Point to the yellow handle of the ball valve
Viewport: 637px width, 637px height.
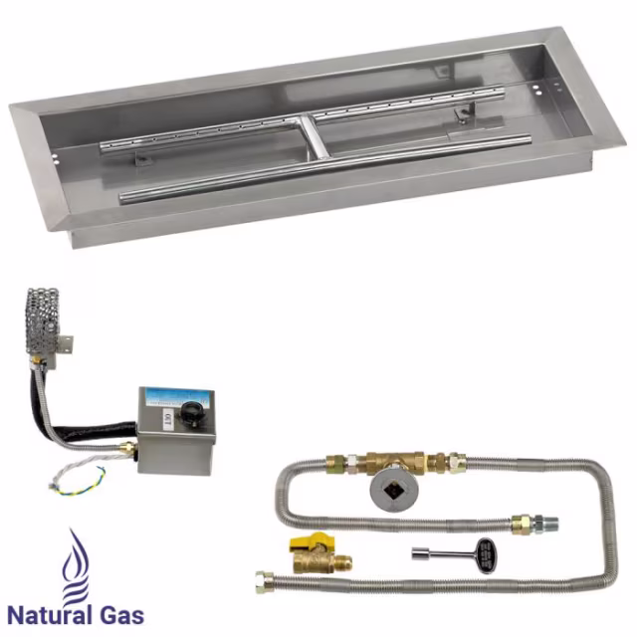click(x=304, y=545)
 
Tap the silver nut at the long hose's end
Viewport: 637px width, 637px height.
click(x=267, y=581)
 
